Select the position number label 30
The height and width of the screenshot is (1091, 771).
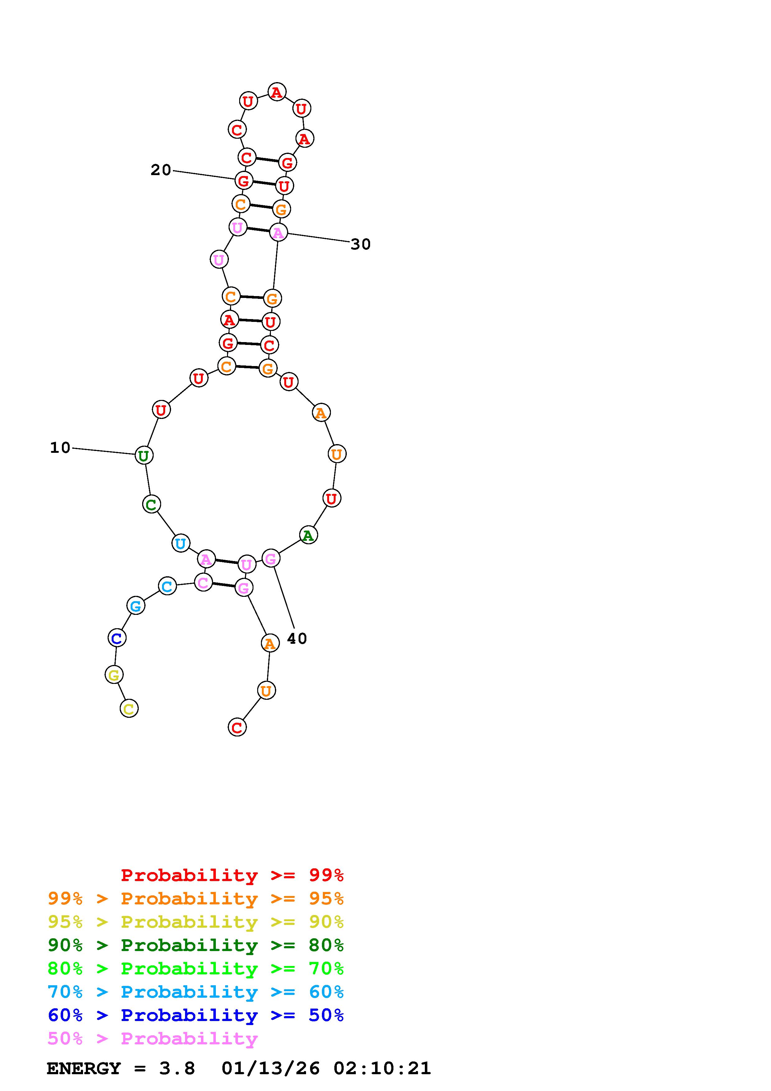360,244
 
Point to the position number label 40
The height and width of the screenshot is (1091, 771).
297,638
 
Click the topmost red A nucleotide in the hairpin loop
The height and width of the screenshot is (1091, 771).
276,92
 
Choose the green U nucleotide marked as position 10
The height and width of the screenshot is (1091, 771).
143,455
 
